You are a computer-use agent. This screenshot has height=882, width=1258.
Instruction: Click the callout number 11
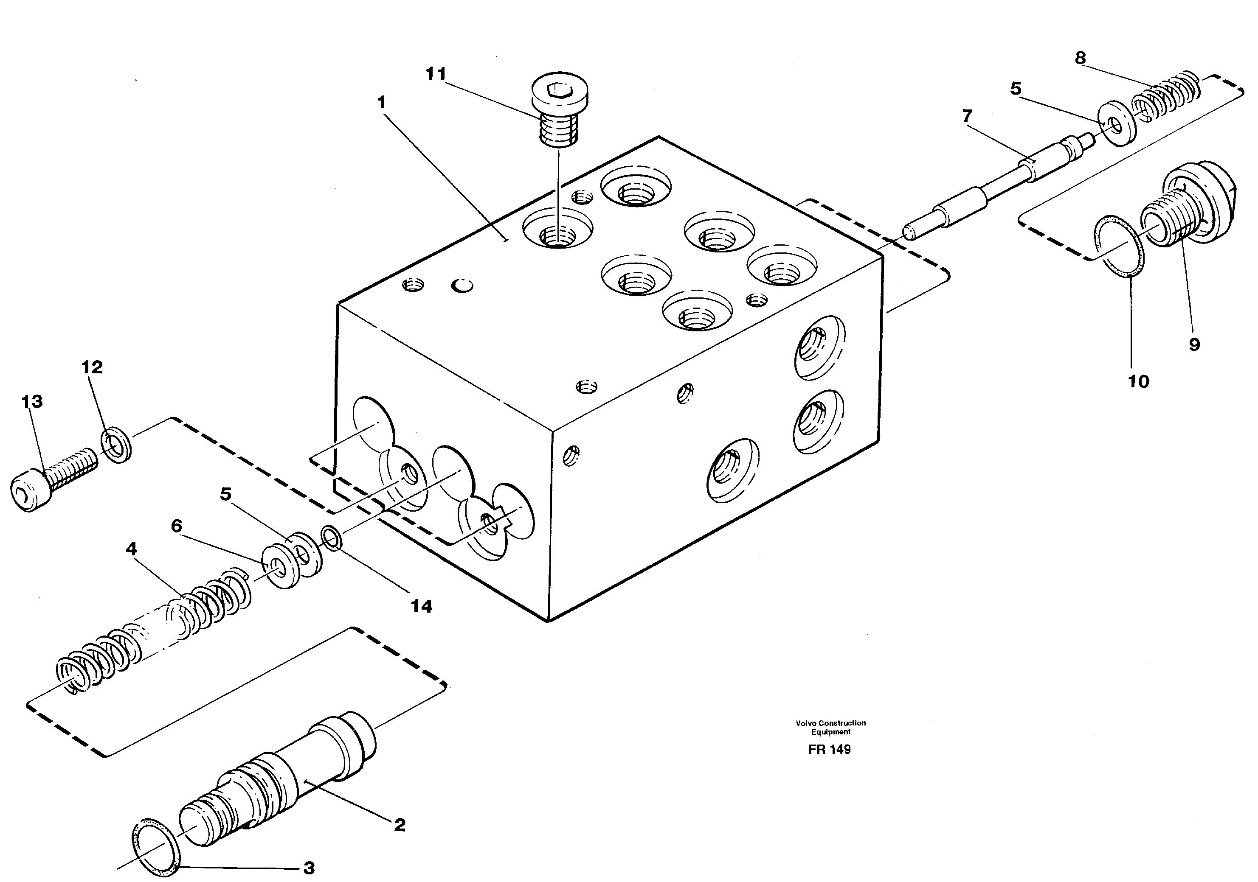pos(436,74)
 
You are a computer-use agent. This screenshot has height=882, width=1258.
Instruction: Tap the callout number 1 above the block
pos(381,102)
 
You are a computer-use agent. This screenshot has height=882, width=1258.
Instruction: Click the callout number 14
pos(421,607)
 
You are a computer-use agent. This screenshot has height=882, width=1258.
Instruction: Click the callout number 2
pos(400,825)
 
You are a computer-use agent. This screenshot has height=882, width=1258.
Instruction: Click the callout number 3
pos(309,868)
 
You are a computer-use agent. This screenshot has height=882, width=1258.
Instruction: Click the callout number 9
pos(1194,344)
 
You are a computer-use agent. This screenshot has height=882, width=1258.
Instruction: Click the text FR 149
pos(830,750)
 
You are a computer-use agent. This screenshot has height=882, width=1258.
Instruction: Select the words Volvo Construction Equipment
pos(830,727)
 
